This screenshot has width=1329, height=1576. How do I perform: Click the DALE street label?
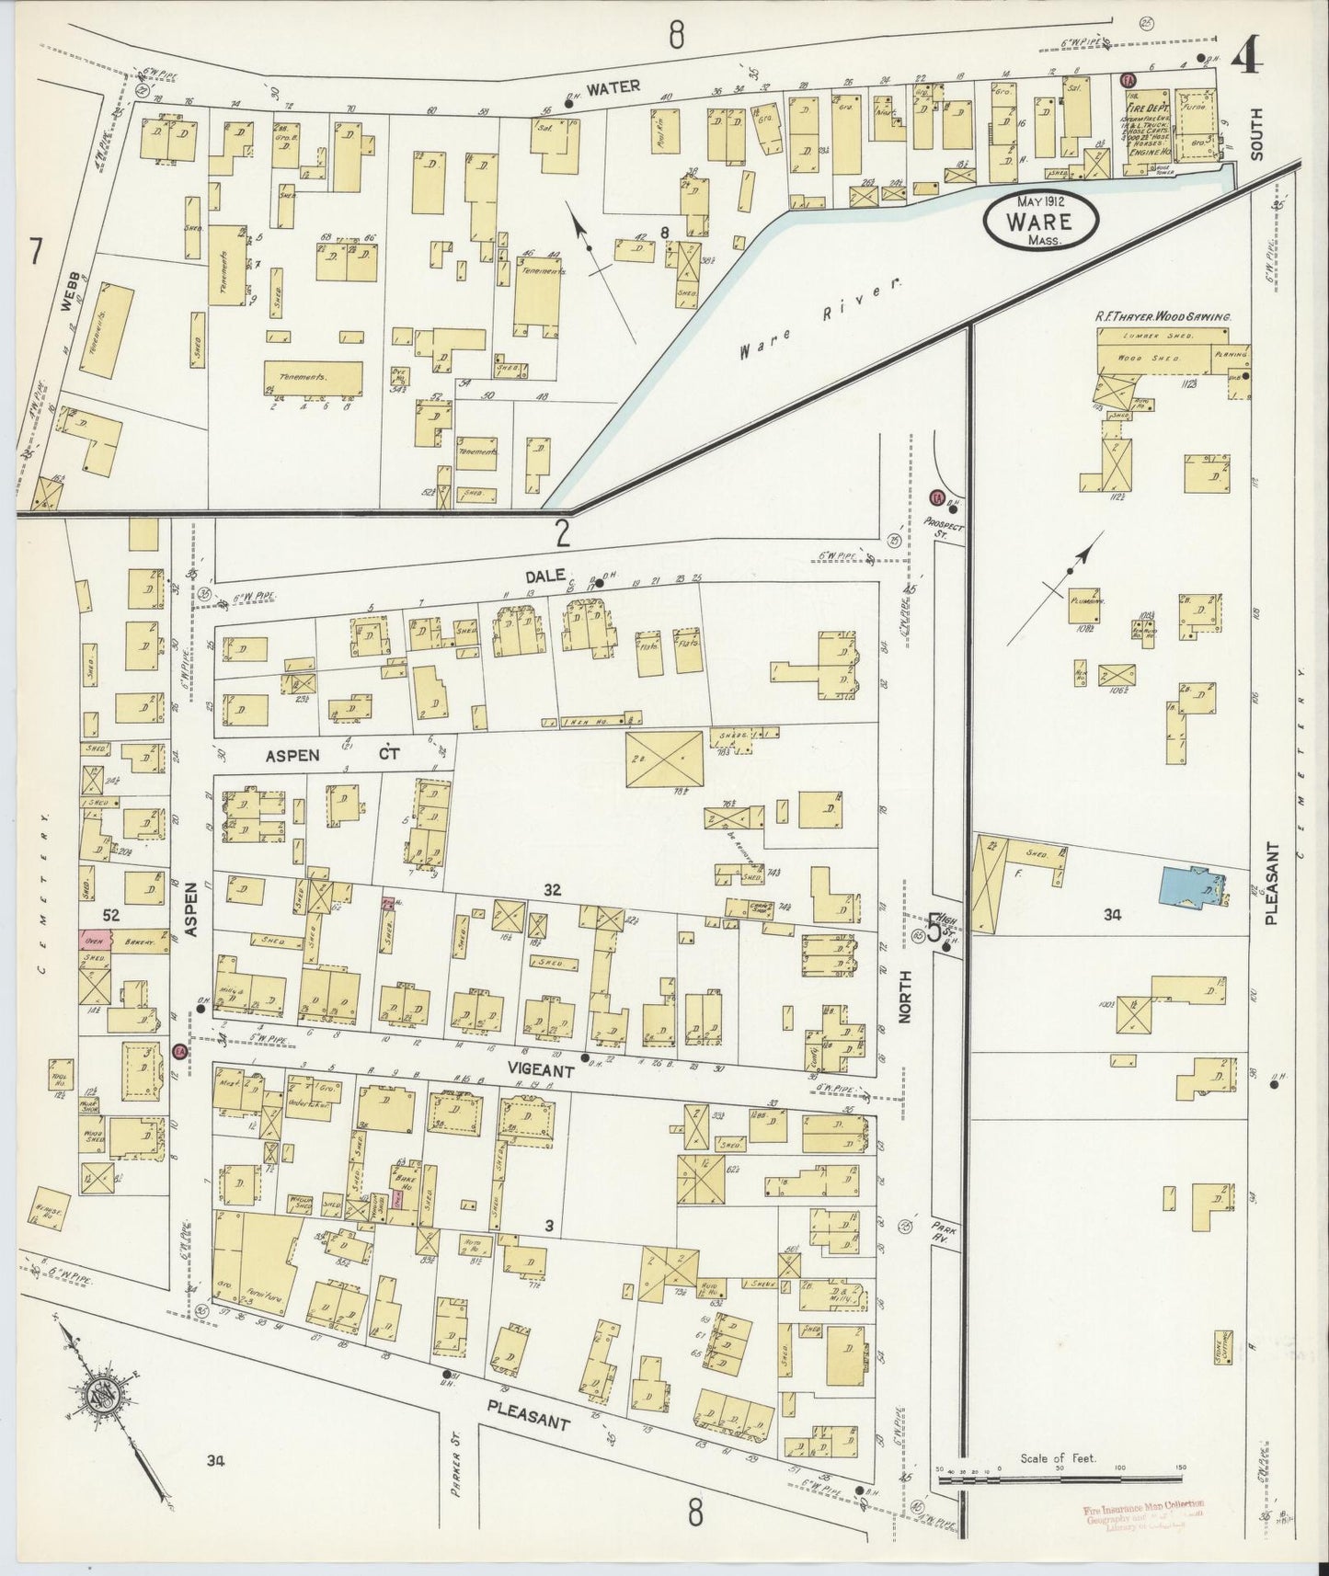[544, 577]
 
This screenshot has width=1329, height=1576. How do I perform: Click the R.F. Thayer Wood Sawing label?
[1162, 315]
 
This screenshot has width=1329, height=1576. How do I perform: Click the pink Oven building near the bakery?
[94, 940]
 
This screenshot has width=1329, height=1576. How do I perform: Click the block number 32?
[552, 890]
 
